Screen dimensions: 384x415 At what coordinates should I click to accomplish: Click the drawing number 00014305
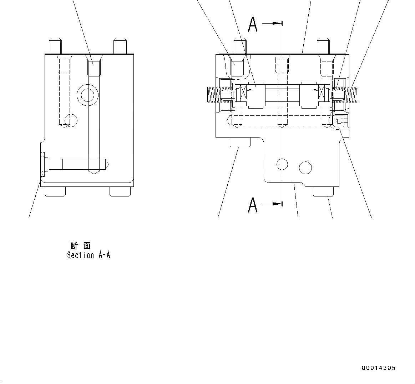tap(378, 368)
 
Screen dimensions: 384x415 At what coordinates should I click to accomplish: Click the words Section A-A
tap(88, 255)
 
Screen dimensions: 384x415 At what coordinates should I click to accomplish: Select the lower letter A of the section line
tap(253, 205)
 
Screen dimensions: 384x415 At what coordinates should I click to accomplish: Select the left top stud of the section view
tap(55, 45)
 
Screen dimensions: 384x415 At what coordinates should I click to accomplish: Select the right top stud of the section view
tap(120, 45)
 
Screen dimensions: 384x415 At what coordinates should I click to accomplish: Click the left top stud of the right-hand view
tap(240, 45)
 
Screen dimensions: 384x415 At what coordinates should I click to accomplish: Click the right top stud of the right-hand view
tap(323, 45)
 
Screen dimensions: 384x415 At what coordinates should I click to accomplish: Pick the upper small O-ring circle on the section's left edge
tap(42, 154)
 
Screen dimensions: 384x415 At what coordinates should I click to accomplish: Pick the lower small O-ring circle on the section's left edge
tap(42, 174)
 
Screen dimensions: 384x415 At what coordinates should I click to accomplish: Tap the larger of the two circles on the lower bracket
tap(305, 168)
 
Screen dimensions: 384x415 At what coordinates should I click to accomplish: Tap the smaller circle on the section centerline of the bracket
tap(282, 164)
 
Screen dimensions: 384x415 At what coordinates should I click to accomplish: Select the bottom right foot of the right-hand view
tap(323, 192)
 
